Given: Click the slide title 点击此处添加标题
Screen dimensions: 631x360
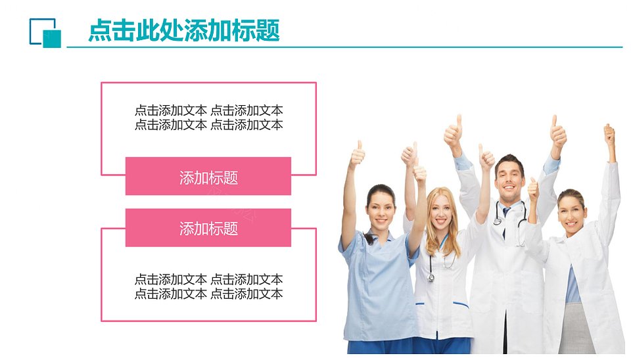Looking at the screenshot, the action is click(184, 30).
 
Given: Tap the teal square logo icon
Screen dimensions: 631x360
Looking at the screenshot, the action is click(45, 33).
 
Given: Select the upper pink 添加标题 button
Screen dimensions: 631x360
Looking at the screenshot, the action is click(208, 176).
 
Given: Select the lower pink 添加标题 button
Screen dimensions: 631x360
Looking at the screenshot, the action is click(208, 228).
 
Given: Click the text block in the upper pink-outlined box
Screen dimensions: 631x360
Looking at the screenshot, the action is click(208, 118).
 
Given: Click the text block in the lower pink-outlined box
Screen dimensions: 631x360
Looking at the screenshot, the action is click(208, 286).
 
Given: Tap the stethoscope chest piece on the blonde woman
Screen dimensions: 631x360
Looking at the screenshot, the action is click(431, 277).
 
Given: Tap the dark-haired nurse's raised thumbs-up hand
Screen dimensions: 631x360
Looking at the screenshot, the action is click(357, 153).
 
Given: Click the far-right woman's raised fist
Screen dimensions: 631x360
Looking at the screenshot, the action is click(609, 135).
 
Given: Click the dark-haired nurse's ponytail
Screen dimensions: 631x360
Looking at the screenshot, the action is click(369, 238).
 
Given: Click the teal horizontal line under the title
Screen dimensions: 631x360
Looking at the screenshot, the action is click(344, 47).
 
